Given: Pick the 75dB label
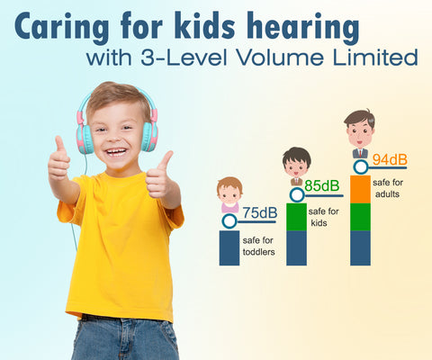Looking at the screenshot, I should click(259, 213).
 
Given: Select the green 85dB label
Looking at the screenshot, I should click(321, 186).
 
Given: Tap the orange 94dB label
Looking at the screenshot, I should click(390, 160).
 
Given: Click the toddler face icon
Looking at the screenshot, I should click(229, 193).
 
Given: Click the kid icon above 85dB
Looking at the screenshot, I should click(296, 166).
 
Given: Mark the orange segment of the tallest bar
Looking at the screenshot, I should click(360, 189).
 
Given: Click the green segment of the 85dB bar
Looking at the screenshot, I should click(296, 216).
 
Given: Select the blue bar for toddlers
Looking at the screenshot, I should click(229, 247).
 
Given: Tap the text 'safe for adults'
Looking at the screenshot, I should click(388, 188).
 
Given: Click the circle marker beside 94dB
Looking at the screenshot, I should click(361, 166).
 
